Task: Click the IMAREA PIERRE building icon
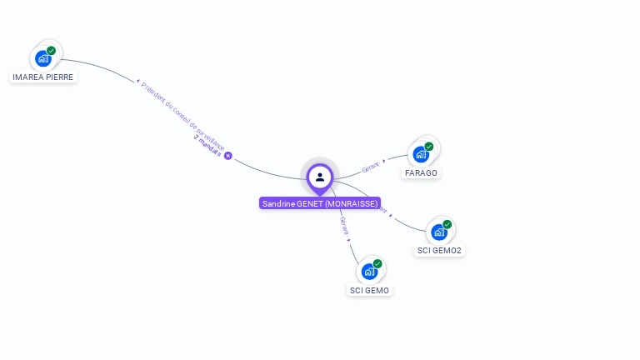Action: click(x=43, y=59)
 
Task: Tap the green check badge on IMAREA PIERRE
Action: click(x=52, y=51)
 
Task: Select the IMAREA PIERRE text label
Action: click(x=42, y=77)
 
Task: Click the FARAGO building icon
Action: click(x=421, y=154)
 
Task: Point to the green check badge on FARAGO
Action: click(x=429, y=147)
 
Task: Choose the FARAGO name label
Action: click(x=421, y=173)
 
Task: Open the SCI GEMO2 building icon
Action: click(x=439, y=232)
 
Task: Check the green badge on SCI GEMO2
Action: click(x=447, y=224)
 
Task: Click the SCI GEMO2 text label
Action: click(x=439, y=251)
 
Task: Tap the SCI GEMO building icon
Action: click(x=369, y=271)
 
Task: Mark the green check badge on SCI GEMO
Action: click(x=377, y=263)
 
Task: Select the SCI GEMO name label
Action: click(x=369, y=291)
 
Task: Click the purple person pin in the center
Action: click(x=320, y=177)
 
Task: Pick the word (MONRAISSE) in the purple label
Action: click(x=351, y=203)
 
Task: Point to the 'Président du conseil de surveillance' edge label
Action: click(x=183, y=116)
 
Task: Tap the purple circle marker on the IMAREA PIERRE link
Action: click(x=227, y=156)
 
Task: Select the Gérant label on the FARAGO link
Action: click(x=370, y=167)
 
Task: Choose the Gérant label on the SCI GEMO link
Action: click(x=344, y=225)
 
